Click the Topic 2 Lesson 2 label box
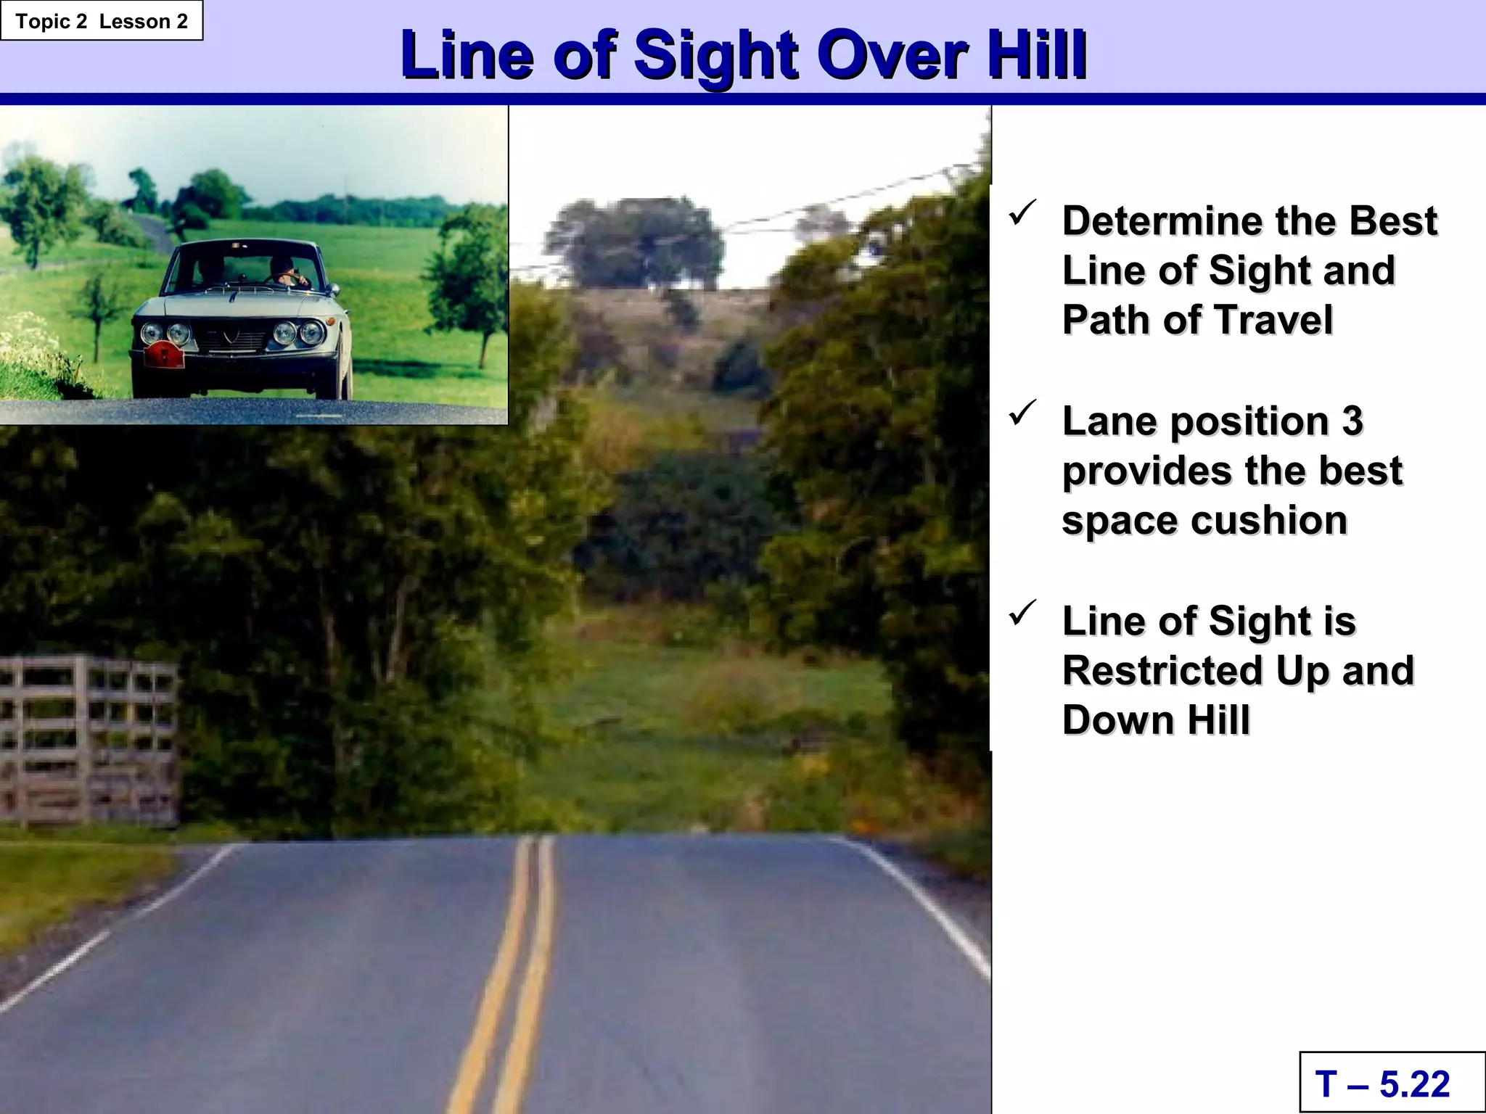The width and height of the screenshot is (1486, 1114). click(x=102, y=21)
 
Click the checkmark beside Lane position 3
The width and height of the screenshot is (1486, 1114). click(x=1022, y=413)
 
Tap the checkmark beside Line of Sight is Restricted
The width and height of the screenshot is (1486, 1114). click(x=1022, y=614)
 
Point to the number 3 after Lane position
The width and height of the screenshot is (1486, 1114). click(x=1352, y=422)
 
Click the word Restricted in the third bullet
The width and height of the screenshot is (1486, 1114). click(x=1163, y=672)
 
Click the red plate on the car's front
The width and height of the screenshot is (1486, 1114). click(x=164, y=355)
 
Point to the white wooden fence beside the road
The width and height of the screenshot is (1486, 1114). click(x=87, y=740)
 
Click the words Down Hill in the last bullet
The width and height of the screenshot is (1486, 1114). click(x=1156, y=721)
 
